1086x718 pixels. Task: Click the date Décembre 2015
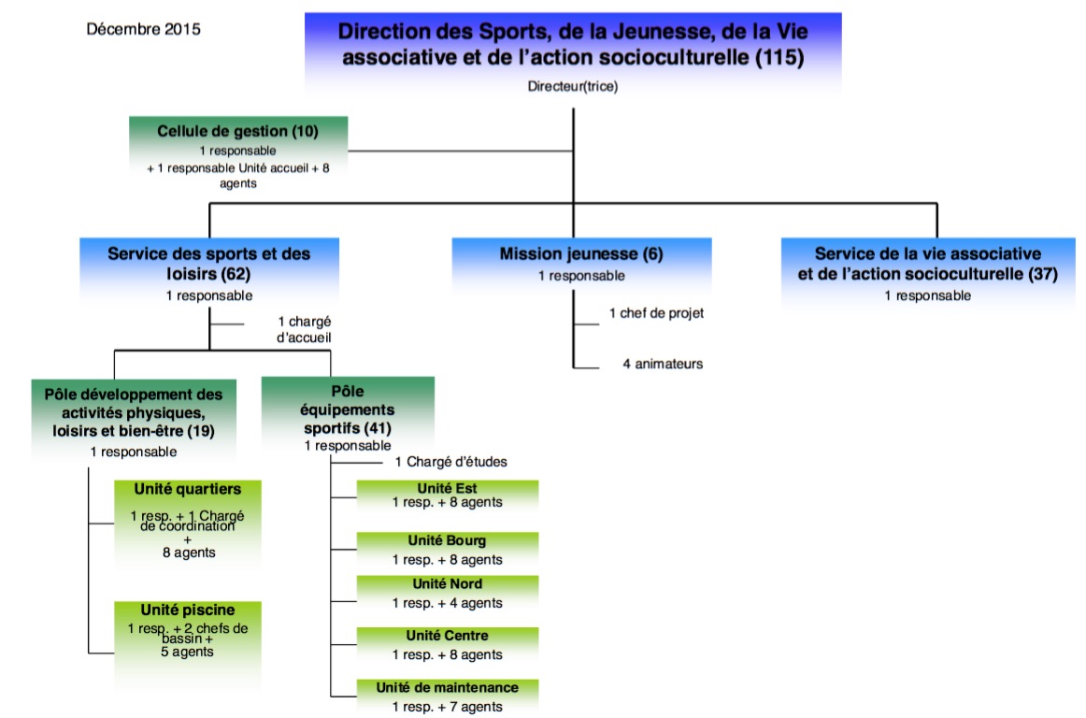pyautogui.click(x=143, y=29)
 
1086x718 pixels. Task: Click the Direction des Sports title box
pyautogui.click(x=573, y=44)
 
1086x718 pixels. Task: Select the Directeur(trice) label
pyautogui.click(x=573, y=87)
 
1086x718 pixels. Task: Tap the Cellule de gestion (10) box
pyautogui.click(x=237, y=132)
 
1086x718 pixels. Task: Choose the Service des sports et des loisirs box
pyautogui.click(x=208, y=263)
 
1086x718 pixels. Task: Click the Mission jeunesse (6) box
pyautogui.click(x=580, y=253)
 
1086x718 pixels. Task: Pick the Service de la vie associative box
pyautogui.click(x=927, y=264)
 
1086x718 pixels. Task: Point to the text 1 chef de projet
pyautogui.click(x=656, y=313)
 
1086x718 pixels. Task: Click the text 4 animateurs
pyautogui.click(x=663, y=364)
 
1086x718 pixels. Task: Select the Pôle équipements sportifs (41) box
pyautogui.click(x=348, y=409)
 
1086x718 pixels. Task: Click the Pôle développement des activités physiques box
pyautogui.click(x=126, y=412)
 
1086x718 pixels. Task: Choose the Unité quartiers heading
pyautogui.click(x=187, y=489)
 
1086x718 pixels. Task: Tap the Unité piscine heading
pyautogui.click(x=187, y=610)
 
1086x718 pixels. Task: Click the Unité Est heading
pyautogui.click(x=447, y=486)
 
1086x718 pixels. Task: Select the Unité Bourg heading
pyautogui.click(x=447, y=540)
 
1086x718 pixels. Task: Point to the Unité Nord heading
pyautogui.click(x=447, y=584)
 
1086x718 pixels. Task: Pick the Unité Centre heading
pyautogui.click(x=447, y=636)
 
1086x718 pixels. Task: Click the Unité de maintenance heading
pyautogui.click(x=447, y=687)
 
